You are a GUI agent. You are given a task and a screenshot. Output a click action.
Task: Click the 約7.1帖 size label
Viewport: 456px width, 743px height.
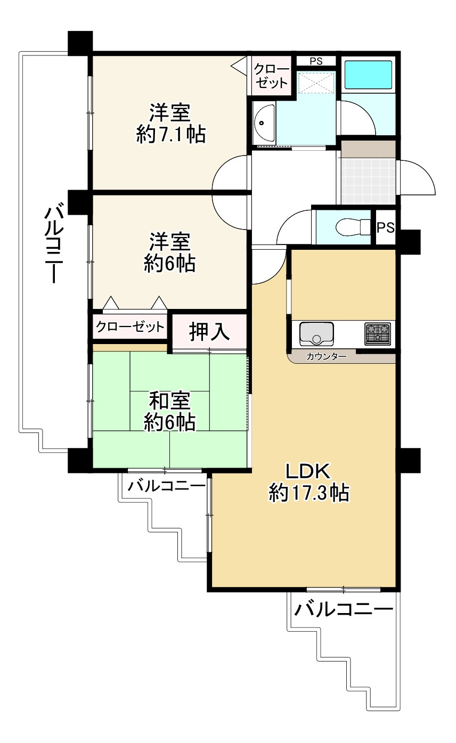point(170,135)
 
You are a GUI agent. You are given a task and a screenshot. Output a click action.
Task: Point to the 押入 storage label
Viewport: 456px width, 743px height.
point(209,332)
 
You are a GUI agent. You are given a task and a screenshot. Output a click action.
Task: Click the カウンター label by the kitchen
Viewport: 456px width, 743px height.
point(327,357)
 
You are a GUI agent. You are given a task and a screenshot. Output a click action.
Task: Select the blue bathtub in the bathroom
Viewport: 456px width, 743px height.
point(368,75)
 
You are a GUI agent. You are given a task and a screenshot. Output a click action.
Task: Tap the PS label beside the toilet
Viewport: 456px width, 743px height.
point(386,228)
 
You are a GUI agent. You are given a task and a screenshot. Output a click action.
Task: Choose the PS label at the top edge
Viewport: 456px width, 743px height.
point(316,61)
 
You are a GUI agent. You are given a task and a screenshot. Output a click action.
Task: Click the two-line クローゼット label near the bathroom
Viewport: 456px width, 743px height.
point(271,76)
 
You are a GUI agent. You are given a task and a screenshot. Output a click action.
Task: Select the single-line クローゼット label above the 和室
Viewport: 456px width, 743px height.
point(129,326)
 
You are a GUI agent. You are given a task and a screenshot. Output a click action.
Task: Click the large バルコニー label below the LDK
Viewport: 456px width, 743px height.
point(345,608)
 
